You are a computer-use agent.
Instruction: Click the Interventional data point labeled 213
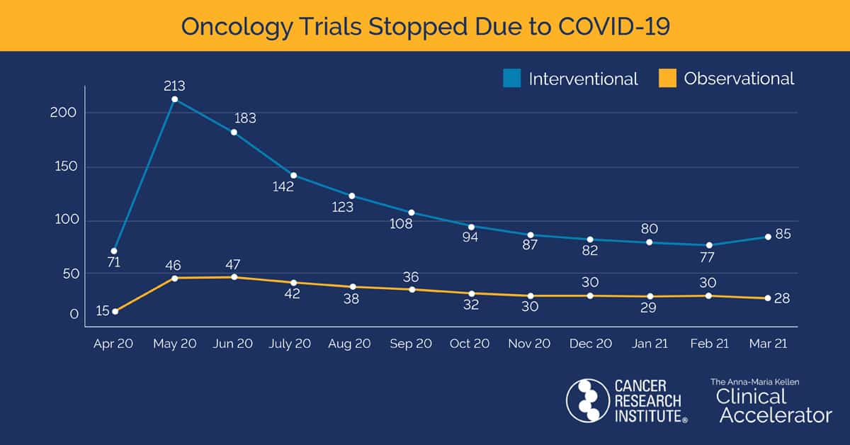click(175, 99)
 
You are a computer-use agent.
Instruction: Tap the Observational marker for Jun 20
click(234, 277)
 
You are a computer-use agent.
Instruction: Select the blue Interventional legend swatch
click(511, 78)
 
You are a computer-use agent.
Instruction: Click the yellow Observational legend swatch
click(667, 78)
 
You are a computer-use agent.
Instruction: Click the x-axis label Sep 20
click(411, 343)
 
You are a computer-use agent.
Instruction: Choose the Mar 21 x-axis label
click(768, 343)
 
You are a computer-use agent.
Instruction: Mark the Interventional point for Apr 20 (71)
click(114, 251)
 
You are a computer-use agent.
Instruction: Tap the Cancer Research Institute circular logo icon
click(587, 400)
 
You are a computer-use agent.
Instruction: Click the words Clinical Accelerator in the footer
click(773, 406)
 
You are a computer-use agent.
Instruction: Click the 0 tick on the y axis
click(74, 314)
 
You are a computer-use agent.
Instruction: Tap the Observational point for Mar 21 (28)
click(768, 298)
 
